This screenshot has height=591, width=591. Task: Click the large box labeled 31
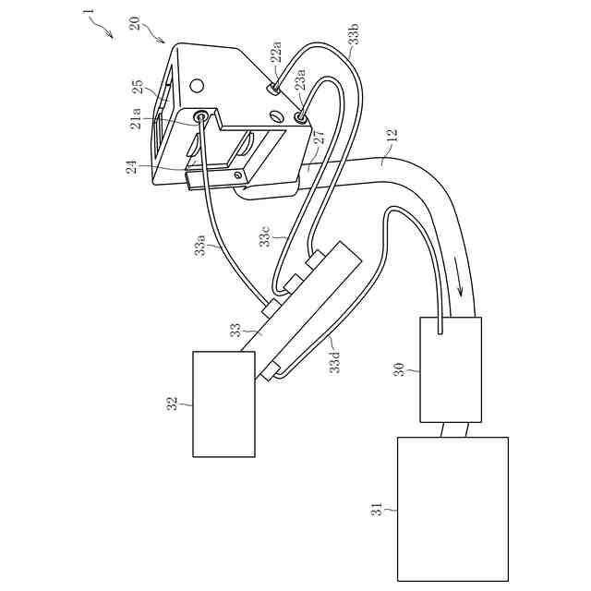click(x=452, y=509)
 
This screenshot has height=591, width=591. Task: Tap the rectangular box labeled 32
click(x=223, y=404)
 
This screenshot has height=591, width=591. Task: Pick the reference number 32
click(x=172, y=404)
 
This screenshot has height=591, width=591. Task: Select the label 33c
click(x=265, y=235)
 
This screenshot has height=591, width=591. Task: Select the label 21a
click(x=136, y=118)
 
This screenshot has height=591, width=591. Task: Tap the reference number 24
click(x=132, y=167)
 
